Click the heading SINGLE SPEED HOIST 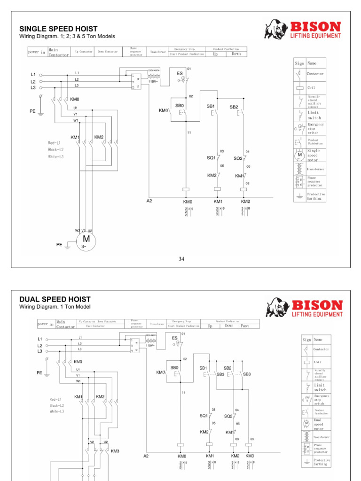coord(58,29)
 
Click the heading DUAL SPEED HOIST coord(55,299)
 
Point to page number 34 coord(181,259)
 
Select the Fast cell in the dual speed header coord(245,326)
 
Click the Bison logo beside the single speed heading coord(303,30)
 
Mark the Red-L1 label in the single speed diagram coord(55,143)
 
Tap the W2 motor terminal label coord(77,231)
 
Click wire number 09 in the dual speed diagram coord(252,439)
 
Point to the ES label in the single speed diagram coord(180,74)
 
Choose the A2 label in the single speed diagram coord(149,201)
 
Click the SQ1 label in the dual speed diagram coord(204,416)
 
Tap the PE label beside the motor coord(59,244)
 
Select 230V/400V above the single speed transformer coord(154,70)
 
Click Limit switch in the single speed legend coord(313,115)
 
